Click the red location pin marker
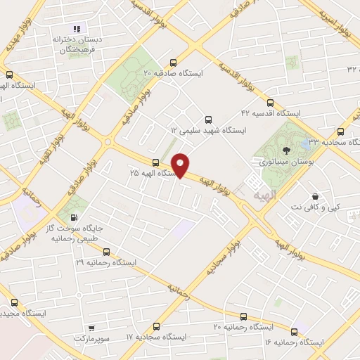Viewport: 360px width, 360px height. click(181, 165)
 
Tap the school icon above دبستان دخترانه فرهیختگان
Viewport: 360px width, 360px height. click(77, 28)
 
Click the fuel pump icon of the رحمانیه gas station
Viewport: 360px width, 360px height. click(75, 218)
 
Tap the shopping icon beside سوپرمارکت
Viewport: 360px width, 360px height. click(91, 328)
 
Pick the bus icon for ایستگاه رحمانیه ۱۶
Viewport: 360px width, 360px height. click(295, 332)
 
